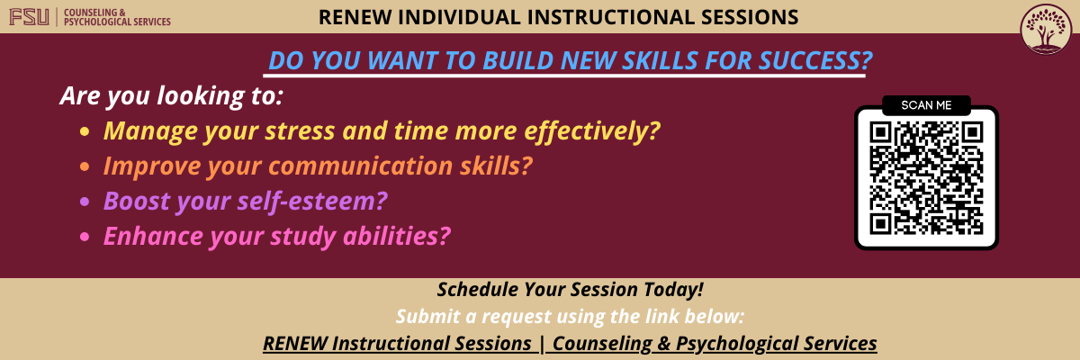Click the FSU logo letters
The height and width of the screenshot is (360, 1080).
(x=30, y=16)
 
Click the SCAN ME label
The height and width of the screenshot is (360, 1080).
(x=926, y=105)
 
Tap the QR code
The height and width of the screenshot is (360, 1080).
(x=926, y=177)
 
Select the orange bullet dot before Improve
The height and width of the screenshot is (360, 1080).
(x=85, y=167)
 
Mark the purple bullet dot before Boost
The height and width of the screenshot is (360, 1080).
(x=85, y=202)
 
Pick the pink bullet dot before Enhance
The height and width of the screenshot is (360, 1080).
(x=85, y=237)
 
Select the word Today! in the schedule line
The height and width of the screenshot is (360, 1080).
(x=670, y=290)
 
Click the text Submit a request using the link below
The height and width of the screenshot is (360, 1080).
(x=570, y=317)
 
